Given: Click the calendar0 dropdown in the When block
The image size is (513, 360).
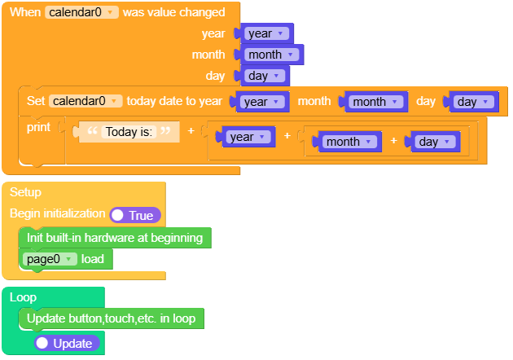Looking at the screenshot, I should [x=82, y=13].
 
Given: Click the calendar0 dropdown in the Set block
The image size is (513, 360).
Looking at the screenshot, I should [x=85, y=101].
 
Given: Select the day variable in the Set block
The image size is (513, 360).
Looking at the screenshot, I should [x=473, y=102].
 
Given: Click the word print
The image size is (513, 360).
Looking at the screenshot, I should [x=38, y=127].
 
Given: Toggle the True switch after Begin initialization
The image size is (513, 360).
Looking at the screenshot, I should [x=135, y=215].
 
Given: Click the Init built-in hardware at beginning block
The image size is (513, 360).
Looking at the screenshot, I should [x=114, y=238].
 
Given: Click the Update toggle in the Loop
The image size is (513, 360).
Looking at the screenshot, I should [x=67, y=344].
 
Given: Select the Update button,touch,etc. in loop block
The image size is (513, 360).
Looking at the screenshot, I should [x=111, y=318].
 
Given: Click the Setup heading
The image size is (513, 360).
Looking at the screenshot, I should [x=25, y=192].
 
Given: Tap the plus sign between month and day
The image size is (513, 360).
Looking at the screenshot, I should [x=393, y=141].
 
